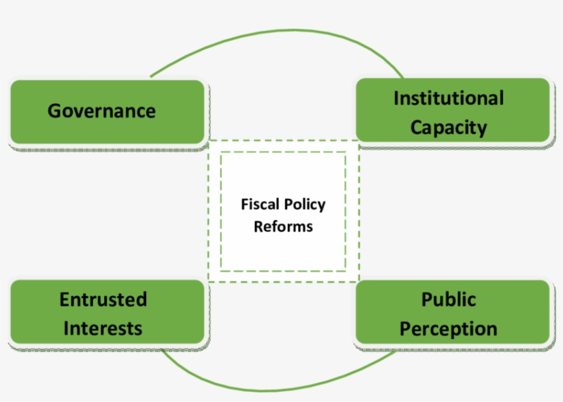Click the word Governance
102,111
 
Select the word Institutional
448,98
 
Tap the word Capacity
448,128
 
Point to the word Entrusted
103,300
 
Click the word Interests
103,328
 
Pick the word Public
448,300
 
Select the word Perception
448,329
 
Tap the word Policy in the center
304,205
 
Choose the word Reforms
283,226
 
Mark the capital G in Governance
54,111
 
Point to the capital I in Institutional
396,98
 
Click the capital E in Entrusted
64,300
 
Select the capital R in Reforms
258,226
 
